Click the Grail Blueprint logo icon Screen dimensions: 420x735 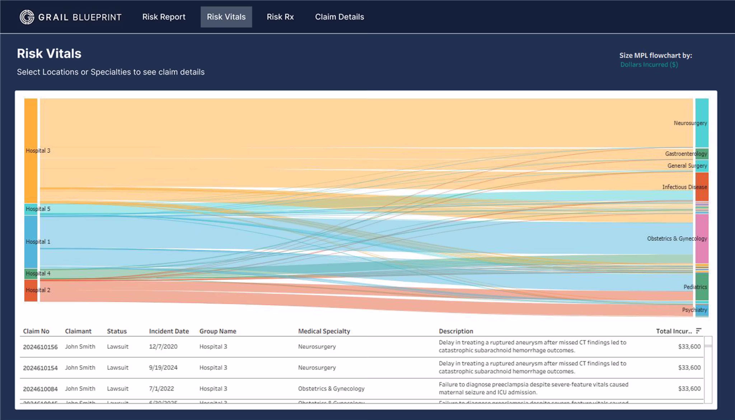point(27,17)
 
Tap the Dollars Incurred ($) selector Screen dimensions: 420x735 point(649,65)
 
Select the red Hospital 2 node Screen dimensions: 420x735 point(31,290)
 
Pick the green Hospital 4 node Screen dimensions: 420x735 point(31,273)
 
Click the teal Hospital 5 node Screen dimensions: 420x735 point(31,209)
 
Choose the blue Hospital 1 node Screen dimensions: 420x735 point(31,242)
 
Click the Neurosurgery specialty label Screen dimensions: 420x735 point(690,123)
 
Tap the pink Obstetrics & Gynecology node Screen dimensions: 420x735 point(702,239)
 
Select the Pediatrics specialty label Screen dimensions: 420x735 point(695,287)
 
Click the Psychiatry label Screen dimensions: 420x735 point(694,310)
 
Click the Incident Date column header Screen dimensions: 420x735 point(169,331)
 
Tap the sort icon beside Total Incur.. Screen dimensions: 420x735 point(699,331)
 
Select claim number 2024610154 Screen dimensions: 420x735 point(40,368)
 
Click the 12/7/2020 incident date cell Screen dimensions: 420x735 point(163,347)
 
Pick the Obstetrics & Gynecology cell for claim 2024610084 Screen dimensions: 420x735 point(331,389)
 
